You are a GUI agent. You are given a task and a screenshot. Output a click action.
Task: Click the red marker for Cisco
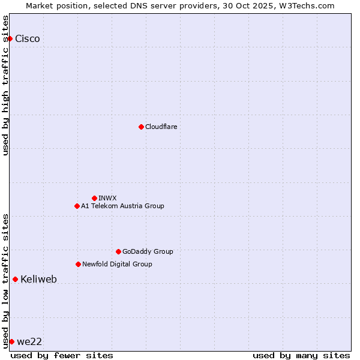pyautogui.click(x=10, y=39)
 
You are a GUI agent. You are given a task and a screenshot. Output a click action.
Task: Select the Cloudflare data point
pyautogui.click(x=141, y=127)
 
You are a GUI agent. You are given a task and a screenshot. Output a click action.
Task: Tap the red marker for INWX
pyautogui.click(x=94, y=198)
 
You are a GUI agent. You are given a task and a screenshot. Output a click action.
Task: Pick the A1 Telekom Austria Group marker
pyautogui.click(x=77, y=206)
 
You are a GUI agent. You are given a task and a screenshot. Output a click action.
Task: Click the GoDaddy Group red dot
pyautogui.click(x=118, y=251)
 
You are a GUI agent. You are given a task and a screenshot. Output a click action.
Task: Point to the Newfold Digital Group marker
pyautogui.click(x=78, y=264)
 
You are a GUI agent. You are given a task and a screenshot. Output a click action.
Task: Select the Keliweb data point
pyautogui.click(x=15, y=279)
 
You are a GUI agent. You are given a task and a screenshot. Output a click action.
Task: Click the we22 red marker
pyautogui.click(x=11, y=341)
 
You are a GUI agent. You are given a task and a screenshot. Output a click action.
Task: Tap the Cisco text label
pyautogui.click(x=28, y=39)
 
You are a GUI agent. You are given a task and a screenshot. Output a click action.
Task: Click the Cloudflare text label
pyautogui.click(x=161, y=127)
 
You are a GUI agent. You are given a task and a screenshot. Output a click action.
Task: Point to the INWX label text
pyautogui.click(x=107, y=198)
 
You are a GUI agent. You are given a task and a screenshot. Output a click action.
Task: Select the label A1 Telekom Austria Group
pyautogui.click(x=122, y=206)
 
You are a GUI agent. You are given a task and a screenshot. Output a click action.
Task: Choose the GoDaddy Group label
pyautogui.click(x=148, y=251)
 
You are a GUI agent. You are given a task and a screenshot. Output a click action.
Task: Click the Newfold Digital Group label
pyautogui.click(x=117, y=264)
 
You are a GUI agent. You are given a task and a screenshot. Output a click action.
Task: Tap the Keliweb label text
pyautogui.click(x=38, y=279)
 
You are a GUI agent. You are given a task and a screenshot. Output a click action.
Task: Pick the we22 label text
pyautogui.click(x=29, y=341)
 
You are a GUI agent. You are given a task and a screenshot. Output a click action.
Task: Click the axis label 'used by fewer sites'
pyautogui.click(x=62, y=355)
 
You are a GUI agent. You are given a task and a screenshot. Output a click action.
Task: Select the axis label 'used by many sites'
pyautogui.click(x=301, y=355)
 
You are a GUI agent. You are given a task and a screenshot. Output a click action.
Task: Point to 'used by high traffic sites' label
pyautogui.click(x=5, y=85)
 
